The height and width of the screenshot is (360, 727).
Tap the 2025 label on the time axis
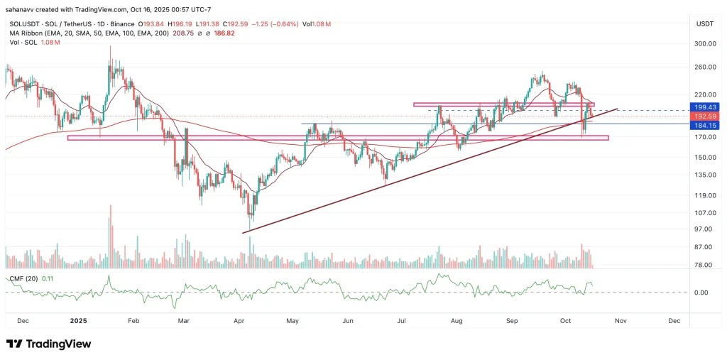pyautogui.click(x=78, y=321)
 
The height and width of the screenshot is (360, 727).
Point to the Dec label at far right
pyautogui.click(x=674, y=321)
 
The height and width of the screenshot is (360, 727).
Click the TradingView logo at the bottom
pyautogui.click(x=49, y=344)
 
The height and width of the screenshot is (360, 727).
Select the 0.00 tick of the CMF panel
pyautogui.click(x=701, y=293)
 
